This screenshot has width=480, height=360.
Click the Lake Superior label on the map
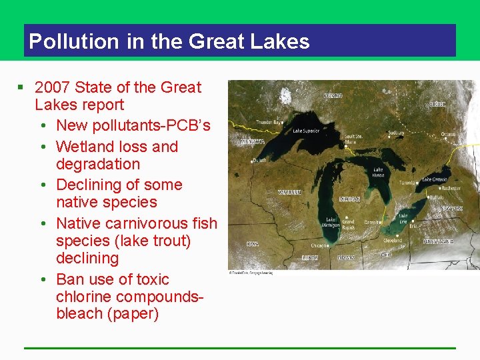(x=307, y=131)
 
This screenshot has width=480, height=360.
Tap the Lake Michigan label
(x=331, y=223)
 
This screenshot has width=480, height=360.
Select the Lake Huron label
(x=378, y=173)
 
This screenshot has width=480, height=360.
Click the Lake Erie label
(x=403, y=219)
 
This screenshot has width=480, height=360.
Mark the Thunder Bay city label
(x=269, y=123)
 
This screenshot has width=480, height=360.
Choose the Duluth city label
(x=259, y=161)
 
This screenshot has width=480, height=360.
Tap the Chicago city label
(x=319, y=246)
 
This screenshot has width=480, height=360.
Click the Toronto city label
(x=408, y=183)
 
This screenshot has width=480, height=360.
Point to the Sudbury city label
(x=396, y=133)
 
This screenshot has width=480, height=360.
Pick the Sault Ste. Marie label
(x=353, y=139)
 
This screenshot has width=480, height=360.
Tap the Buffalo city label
(x=436, y=198)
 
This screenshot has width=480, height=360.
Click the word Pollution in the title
(x=65, y=41)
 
